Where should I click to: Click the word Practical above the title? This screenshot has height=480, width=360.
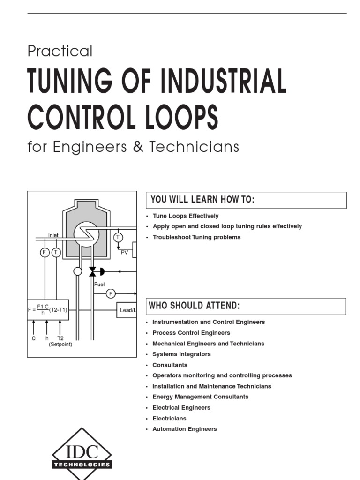pos(60,51)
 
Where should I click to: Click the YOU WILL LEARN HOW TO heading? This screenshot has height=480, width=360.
pos(202,200)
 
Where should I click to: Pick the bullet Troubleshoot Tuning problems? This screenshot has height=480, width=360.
pos(196,237)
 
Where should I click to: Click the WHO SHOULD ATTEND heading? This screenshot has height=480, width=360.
pos(194,306)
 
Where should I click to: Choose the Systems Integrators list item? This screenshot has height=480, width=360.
pos(181,354)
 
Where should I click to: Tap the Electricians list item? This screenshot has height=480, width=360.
pos(169,419)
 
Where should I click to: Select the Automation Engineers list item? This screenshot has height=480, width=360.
pos(185,429)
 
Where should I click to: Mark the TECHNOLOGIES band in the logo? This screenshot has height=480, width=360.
pos(82,465)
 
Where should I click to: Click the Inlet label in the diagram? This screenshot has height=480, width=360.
pos(53,235)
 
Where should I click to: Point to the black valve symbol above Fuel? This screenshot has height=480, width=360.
pos(92,271)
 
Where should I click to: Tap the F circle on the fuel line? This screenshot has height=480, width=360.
pos(111,294)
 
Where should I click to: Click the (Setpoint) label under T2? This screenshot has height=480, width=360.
pos(60,345)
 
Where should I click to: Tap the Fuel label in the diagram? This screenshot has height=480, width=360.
pos(99,284)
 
